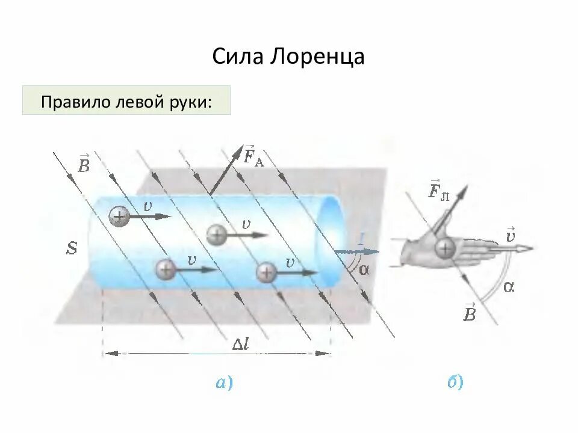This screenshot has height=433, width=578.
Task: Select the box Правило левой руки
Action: (126, 100)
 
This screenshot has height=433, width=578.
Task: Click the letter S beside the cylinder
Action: (72, 248)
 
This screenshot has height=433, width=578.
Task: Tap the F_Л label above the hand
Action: (438, 191)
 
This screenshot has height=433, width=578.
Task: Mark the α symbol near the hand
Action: (509, 287)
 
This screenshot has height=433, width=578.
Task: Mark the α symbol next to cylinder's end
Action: (363, 269)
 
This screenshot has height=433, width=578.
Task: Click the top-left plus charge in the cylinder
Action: (119, 215)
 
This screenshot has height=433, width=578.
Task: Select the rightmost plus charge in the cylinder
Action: (266, 272)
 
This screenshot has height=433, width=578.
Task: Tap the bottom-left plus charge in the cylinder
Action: (165, 269)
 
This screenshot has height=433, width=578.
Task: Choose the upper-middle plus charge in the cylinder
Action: (217, 235)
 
